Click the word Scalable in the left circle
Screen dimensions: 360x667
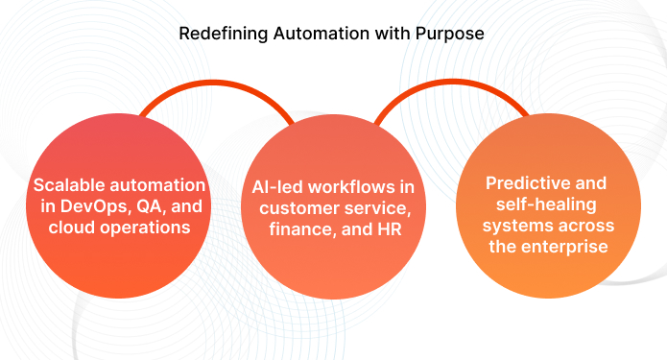[x=71, y=183]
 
